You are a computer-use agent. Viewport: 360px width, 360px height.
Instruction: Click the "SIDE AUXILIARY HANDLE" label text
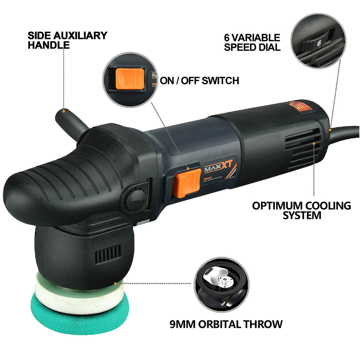coord(67,40)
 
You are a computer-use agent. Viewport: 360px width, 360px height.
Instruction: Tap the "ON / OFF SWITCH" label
coord(199,80)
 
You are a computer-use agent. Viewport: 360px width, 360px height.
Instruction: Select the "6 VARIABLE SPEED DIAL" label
coord(252,42)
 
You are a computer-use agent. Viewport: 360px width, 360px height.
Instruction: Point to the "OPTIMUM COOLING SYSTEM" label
coord(301,210)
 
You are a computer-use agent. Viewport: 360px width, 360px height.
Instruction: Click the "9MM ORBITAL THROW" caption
coord(226,324)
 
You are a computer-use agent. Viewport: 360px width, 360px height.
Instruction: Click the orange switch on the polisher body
coord(187,183)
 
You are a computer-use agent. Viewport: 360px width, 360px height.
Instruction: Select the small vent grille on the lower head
coord(108,254)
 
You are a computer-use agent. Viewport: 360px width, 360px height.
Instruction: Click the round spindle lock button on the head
coord(135,199)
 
